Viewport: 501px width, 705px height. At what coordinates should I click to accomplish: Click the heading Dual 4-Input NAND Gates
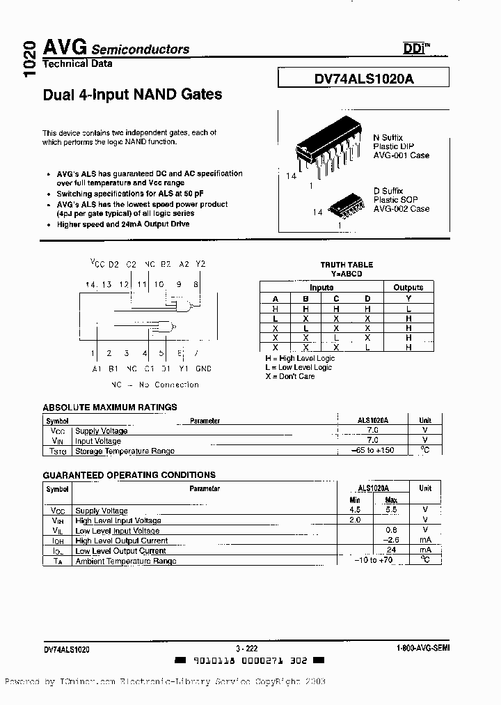pyautogui.click(x=132, y=94)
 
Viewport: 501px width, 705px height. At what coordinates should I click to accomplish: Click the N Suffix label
pyautogui.click(x=388, y=137)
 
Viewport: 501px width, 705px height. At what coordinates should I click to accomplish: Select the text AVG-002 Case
pyautogui.click(x=401, y=209)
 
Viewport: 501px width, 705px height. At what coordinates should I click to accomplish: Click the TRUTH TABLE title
pyautogui.click(x=347, y=265)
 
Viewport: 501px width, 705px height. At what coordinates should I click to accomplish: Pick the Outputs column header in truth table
pyautogui.click(x=408, y=287)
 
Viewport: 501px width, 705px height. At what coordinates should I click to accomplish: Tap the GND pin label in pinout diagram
pyautogui.click(x=203, y=369)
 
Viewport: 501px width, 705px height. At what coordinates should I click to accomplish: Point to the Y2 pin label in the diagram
pyautogui.click(x=200, y=264)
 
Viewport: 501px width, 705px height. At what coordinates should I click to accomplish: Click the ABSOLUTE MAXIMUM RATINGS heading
pyautogui.click(x=110, y=407)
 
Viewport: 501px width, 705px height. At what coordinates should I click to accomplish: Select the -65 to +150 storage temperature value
pyautogui.click(x=372, y=450)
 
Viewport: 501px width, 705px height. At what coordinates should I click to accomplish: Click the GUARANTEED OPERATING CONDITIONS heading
pyautogui.click(x=129, y=474)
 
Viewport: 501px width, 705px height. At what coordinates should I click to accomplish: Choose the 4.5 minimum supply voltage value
pyautogui.click(x=354, y=510)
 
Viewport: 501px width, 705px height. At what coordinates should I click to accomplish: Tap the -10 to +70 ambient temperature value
pyautogui.click(x=373, y=560)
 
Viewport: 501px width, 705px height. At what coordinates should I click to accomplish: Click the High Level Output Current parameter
pyautogui.click(x=121, y=541)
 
